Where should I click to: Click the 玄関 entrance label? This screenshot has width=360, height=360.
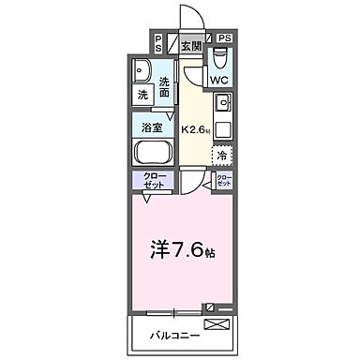[190, 44]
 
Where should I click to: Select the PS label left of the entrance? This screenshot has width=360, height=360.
[157, 43]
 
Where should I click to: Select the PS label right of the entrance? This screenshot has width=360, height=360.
[225, 38]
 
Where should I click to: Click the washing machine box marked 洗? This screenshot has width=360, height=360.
[142, 95]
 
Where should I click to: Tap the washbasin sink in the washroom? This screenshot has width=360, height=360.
[142, 71]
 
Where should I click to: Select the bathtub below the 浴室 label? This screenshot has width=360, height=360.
[153, 153]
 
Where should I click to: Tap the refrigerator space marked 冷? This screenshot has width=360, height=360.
[222, 155]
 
